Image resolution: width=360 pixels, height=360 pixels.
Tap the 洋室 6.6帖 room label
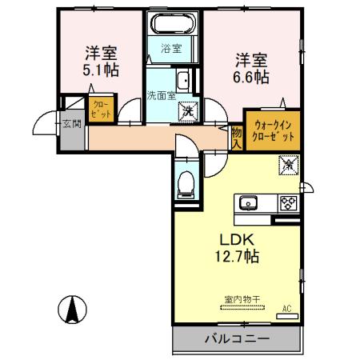click(251, 67)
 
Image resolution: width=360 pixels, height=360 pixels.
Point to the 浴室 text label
click(171, 49)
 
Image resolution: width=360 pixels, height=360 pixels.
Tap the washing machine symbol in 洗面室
click(186, 110)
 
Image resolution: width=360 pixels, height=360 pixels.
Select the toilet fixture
click(185, 183)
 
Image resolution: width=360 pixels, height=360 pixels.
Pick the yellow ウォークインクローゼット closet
click(274, 130)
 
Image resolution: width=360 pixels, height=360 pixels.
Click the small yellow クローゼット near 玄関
click(102, 108)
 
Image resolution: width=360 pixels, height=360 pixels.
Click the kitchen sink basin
click(247, 203)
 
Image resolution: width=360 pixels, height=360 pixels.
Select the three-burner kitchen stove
click(287, 203)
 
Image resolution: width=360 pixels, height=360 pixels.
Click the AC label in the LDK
click(286, 308)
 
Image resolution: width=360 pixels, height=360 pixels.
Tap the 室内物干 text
click(237, 300)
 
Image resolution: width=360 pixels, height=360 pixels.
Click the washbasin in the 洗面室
click(183, 80)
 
